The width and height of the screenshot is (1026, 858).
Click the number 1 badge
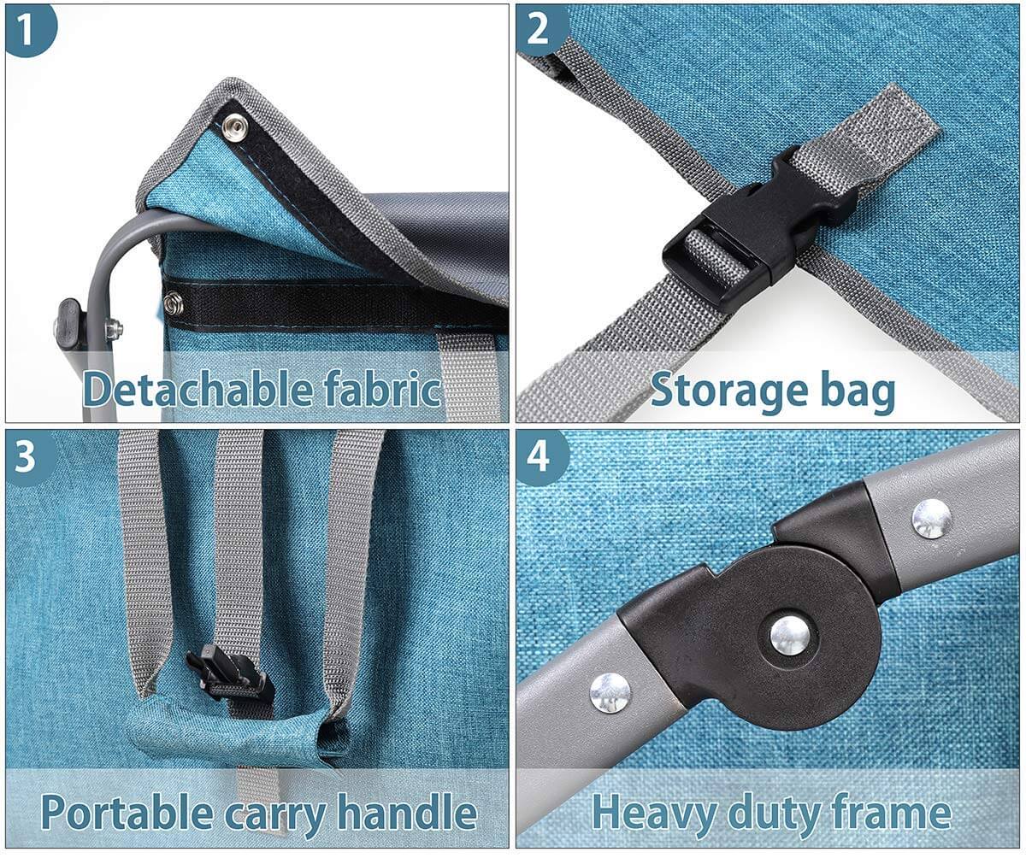click(x=29, y=28)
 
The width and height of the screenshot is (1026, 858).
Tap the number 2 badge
click(x=540, y=28)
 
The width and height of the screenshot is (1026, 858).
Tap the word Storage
click(x=729, y=391)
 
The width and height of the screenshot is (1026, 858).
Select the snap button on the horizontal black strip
click(x=174, y=303)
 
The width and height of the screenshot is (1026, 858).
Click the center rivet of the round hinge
click(x=790, y=636)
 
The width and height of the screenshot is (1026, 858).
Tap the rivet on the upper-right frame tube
click(x=931, y=519)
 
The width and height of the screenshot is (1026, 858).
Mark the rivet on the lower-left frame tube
click(x=610, y=693)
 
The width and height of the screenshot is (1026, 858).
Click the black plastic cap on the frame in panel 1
click(x=68, y=324)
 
